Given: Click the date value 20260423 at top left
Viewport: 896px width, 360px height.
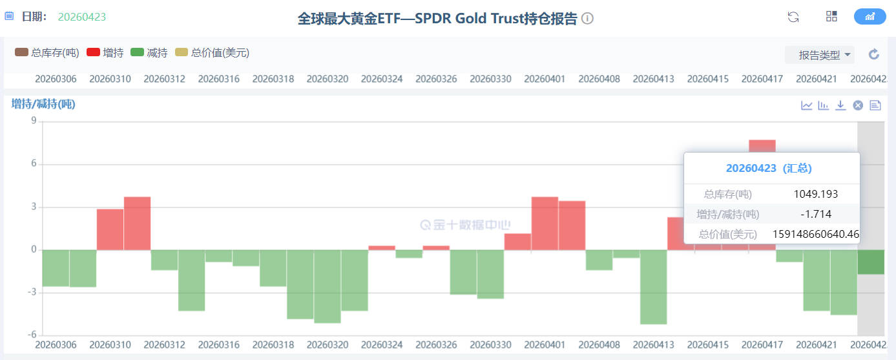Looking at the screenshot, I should point(82,17).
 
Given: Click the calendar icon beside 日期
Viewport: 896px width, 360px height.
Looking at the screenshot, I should point(9,16).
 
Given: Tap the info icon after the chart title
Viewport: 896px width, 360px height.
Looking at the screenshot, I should point(587,19).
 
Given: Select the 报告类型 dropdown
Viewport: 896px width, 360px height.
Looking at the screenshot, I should point(820,55).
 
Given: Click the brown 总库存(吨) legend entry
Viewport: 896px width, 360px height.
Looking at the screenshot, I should point(47,53).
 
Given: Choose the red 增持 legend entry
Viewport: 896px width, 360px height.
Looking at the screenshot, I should point(105,53).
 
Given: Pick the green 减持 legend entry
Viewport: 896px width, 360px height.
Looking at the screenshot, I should point(149,53).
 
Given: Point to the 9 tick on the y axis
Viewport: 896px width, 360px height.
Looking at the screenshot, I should point(33,122).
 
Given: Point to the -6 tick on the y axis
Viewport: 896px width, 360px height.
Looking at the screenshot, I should point(31,335).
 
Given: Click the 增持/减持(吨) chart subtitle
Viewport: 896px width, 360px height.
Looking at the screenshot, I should point(43,104).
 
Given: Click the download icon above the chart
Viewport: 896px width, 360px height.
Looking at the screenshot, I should point(840,105).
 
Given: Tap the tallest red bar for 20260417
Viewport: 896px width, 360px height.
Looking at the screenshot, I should point(762,145).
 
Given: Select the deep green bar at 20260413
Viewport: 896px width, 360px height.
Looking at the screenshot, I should point(654,287).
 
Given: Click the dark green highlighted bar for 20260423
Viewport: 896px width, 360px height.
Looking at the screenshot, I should point(871,262).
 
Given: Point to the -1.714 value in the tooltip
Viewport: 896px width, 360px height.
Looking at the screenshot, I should point(815,214).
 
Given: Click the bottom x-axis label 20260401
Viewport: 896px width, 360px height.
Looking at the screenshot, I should point(545,345).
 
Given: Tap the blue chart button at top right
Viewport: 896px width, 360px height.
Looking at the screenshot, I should point(870,17).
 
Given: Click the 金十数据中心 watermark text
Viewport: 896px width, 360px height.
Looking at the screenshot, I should point(472,225).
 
